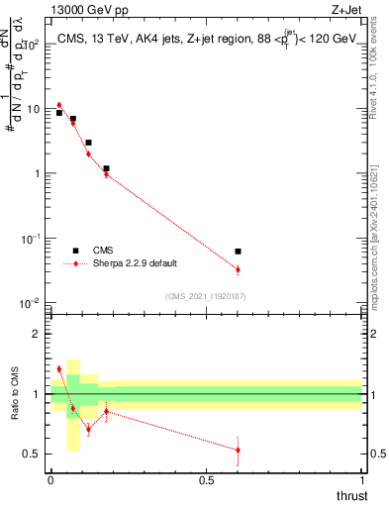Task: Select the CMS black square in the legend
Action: pyautogui.click(x=75, y=251)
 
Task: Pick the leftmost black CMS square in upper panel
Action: pyautogui.click(x=59, y=113)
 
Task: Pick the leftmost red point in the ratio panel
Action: pyautogui.click(x=59, y=369)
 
